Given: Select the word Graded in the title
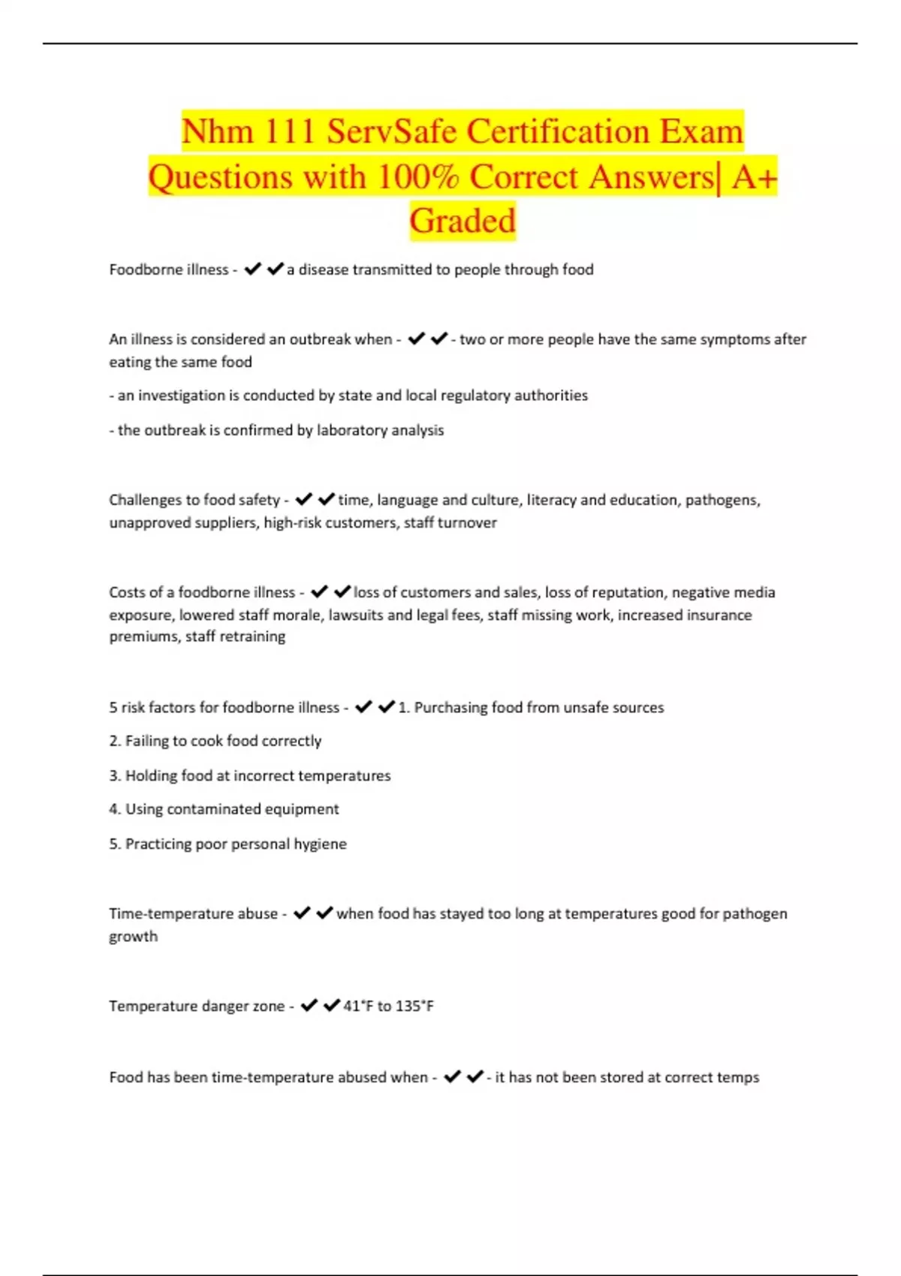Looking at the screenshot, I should [x=463, y=221].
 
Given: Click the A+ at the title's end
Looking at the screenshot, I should [x=754, y=177].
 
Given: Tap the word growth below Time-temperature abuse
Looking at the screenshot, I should [x=134, y=937].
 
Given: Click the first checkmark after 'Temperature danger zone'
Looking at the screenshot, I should [x=309, y=1006].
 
